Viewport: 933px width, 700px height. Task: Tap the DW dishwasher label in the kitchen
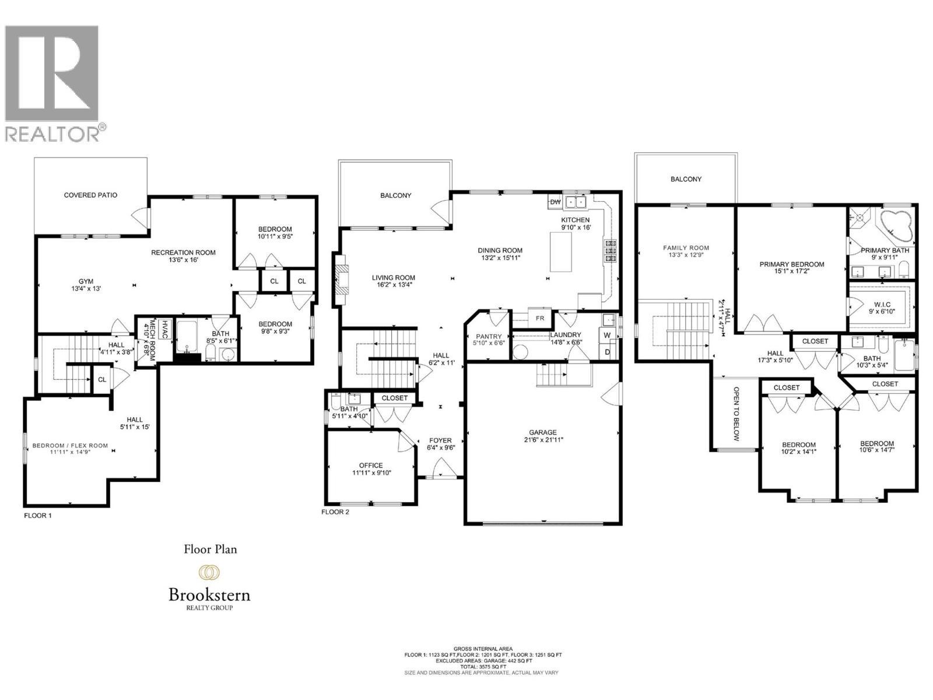click(555, 202)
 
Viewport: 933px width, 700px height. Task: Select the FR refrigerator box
click(540, 318)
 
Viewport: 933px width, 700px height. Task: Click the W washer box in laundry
click(607, 335)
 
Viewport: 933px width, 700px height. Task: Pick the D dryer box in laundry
click(607, 352)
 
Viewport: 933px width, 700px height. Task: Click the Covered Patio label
click(90, 195)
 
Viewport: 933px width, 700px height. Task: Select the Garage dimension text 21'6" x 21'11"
click(543, 440)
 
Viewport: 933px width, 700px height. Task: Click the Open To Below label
click(736, 414)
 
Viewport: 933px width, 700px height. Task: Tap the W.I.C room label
click(881, 303)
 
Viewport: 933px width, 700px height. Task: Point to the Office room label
click(371, 466)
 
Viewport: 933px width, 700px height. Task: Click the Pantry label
click(489, 336)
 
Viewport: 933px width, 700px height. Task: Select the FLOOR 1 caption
click(38, 516)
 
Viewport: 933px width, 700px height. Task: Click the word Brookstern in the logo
click(209, 595)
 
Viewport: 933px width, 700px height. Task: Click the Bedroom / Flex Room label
click(70, 446)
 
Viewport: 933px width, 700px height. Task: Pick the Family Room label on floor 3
click(686, 248)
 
